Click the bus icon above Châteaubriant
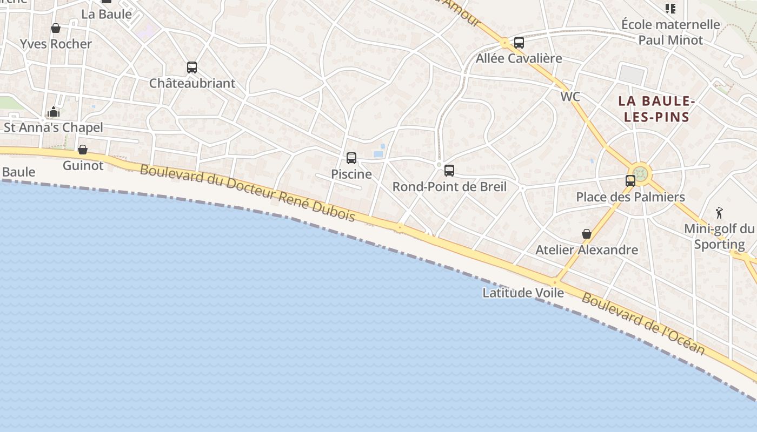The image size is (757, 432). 192,67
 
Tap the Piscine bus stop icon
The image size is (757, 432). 351,158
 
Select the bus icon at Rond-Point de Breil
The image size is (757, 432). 449,171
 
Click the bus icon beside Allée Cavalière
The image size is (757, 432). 519,42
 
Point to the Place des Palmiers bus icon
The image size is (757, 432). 630,181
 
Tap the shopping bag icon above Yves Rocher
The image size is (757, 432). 56,28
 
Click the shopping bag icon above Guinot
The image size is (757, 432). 83,150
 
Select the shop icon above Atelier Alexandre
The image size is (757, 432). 587,234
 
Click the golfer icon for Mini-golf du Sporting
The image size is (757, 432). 719,212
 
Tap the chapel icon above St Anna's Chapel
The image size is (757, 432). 54,112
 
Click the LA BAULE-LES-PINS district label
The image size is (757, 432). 656,109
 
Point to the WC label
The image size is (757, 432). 570,97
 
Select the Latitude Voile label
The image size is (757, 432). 523,293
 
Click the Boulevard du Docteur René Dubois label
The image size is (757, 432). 248,193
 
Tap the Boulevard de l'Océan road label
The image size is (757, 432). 643,324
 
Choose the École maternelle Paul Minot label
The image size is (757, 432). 670,32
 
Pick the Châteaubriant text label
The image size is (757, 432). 192,83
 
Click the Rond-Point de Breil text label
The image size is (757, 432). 449,187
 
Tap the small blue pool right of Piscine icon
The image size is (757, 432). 378,154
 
